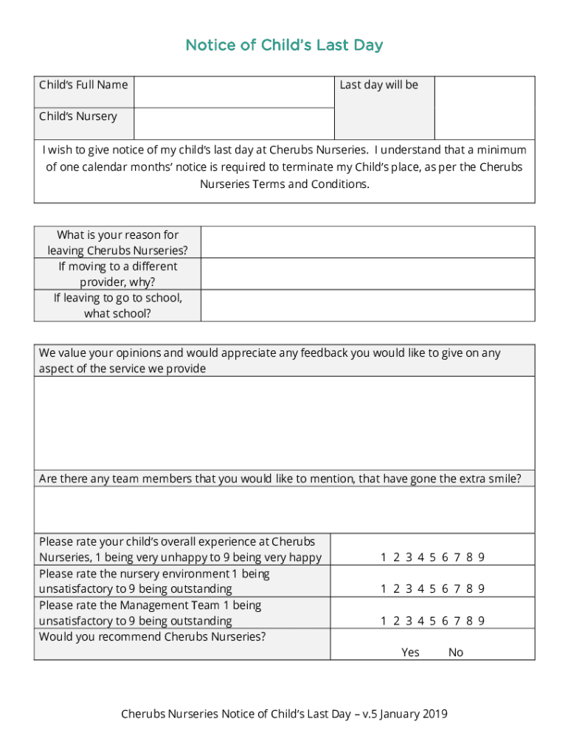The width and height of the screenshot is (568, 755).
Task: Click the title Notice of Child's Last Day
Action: [x=284, y=46]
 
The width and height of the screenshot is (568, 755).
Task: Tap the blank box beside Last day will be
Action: [x=484, y=108]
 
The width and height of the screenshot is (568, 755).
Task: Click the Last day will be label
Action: [x=378, y=86]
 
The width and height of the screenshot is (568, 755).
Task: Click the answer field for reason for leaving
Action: [x=367, y=243]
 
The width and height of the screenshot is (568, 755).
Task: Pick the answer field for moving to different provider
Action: [x=367, y=274]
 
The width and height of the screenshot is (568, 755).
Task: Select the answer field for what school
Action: [x=367, y=305]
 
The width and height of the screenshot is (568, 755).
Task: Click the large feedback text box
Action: [x=284, y=423]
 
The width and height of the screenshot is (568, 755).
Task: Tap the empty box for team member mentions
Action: [x=284, y=509]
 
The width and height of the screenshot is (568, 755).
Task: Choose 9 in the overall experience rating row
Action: [x=481, y=557]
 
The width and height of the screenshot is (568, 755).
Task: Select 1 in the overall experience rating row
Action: [x=384, y=557]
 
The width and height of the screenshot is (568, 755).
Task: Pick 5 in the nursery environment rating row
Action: [x=432, y=589]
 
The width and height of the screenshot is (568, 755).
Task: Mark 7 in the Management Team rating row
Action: [x=457, y=621]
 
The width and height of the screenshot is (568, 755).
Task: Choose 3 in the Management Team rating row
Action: [x=408, y=621]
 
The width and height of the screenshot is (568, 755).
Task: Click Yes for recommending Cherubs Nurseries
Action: [x=410, y=653]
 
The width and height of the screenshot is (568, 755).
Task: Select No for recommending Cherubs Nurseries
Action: [x=456, y=653]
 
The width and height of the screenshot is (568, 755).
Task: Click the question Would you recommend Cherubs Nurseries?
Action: [x=153, y=636]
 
